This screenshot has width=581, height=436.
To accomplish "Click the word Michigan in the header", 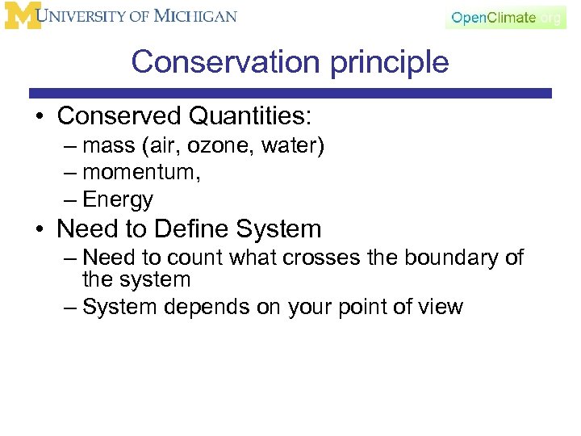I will (x=196, y=16).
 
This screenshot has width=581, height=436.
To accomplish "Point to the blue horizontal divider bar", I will (x=290, y=94).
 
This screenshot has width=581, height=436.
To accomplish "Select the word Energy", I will (x=118, y=199).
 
